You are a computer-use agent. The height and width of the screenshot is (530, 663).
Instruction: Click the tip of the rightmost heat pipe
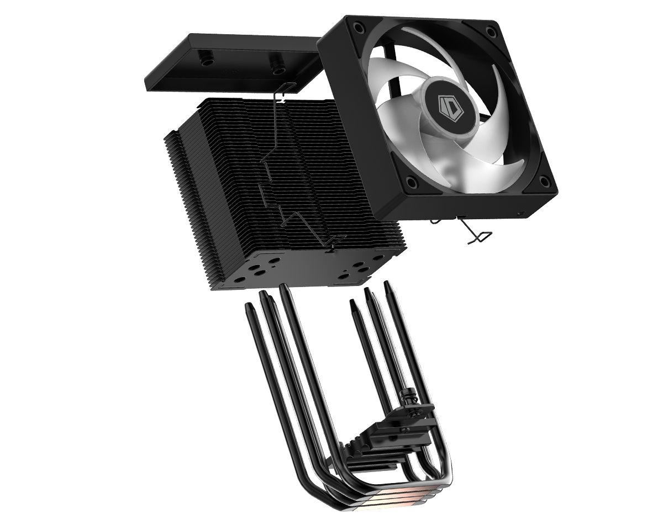tap(388, 284)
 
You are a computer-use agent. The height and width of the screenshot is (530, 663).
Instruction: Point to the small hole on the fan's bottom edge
tap(518, 212)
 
